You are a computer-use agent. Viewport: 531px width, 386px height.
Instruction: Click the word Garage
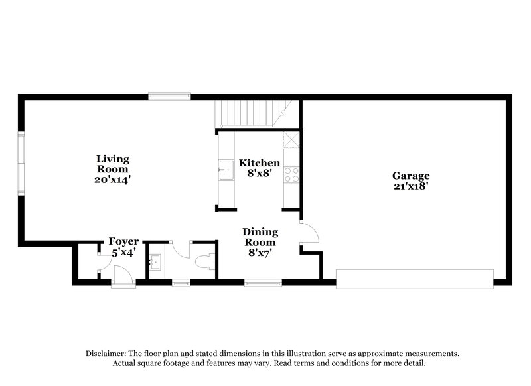pyautogui.click(x=411, y=176)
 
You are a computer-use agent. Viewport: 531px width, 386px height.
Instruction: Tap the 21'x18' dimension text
pyautogui.click(x=411, y=186)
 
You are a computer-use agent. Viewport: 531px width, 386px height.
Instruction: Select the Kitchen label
pyautogui.click(x=260, y=163)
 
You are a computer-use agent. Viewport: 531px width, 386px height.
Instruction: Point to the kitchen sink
pyautogui.click(x=225, y=170)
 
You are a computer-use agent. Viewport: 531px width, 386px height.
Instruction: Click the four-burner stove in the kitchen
pyautogui.click(x=291, y=174)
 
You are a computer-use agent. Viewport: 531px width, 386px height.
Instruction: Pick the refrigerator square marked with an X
pyautogui.click(x=291, y=140)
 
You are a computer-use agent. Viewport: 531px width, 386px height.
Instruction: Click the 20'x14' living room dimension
pyautogui.click(x=112, y=179)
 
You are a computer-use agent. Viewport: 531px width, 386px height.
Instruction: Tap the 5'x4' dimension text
pyautogui.click(x=123, y=252)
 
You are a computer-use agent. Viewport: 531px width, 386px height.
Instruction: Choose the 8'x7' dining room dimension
pyautogui.click(x=260, y=253)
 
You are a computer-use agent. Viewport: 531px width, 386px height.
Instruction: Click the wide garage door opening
pyautogui.click(x=415, y=279)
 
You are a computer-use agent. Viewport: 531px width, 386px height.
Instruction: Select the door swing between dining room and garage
pyautogui.click(x=309, y=232)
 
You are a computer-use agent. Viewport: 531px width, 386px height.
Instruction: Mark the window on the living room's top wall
pyautogui.click(x=169, y=96)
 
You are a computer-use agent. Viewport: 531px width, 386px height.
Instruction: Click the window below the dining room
pyautogui.click(x=264, y=283)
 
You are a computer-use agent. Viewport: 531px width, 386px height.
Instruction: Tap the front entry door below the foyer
pyautogui.click(x=123, y=284)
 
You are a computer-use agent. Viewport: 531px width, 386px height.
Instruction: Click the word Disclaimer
pyautogui.click(x=106, y=354)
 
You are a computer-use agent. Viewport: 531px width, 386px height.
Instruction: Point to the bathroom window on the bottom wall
pyautogui.click(x=181, y=283)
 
